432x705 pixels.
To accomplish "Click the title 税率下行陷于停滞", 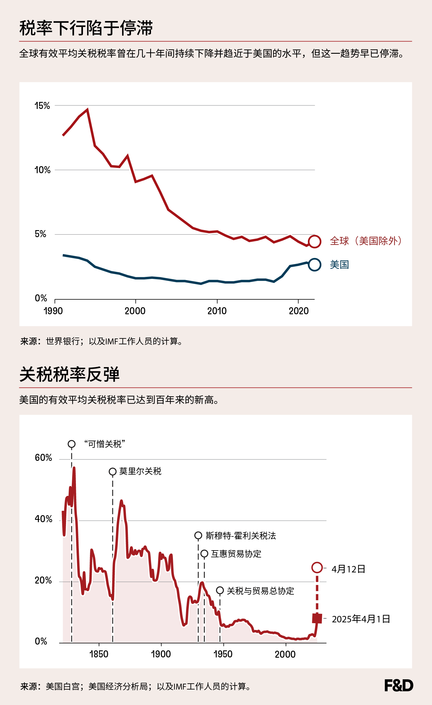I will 86,28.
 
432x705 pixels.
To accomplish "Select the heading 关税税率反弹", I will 70,374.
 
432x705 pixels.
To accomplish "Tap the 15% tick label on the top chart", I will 42,106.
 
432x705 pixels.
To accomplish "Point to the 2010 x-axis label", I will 217,311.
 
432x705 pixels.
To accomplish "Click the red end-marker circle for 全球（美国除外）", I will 315,242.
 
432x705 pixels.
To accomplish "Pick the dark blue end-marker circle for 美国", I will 315,265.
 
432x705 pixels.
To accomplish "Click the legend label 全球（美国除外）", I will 366,241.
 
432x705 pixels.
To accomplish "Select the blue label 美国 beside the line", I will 339,265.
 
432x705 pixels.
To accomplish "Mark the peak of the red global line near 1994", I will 87,110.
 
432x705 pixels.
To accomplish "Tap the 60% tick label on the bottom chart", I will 43,458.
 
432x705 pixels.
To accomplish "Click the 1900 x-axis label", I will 161,654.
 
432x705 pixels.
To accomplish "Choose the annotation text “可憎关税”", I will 105,444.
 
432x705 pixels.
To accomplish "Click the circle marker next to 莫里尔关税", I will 112,472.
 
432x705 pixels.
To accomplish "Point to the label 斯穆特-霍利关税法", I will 241,536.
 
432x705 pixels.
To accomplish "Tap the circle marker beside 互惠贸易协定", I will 204,554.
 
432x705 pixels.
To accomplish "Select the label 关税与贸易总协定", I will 260,591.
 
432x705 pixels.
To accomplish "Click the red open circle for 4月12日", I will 317,567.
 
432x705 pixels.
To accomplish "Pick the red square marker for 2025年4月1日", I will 317,618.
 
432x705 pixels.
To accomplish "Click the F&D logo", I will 398,685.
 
